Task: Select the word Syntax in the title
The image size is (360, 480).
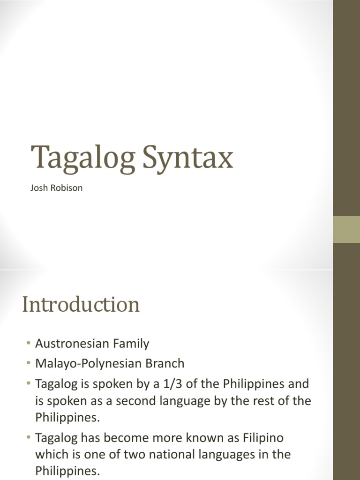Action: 187,158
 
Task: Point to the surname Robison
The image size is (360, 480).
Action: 67,188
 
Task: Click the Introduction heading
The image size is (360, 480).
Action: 81,305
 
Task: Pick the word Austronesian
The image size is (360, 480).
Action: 69,344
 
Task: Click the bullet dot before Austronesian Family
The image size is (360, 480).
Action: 29,344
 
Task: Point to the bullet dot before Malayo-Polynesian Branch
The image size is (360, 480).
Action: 29,364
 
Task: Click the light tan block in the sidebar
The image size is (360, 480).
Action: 346,229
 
